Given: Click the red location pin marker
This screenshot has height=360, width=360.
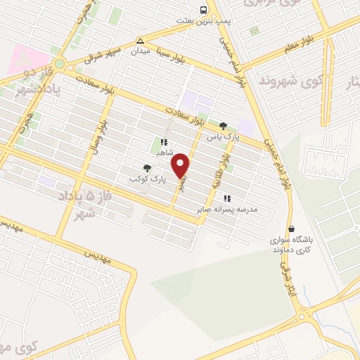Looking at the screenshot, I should (x=181, y=165).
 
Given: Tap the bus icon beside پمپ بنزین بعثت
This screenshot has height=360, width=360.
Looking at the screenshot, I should (x=203, y=10).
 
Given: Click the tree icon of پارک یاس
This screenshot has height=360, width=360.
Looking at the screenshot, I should (x=224, y=125).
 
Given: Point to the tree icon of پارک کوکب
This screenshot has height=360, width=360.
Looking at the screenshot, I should (x=147, y=167).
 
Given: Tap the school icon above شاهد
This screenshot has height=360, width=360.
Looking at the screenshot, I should (x=163, y=141).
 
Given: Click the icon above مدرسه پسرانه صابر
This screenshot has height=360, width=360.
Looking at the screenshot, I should (x=226, y=198).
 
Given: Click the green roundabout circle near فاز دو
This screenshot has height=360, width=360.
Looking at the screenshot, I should (x=60, y=63).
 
